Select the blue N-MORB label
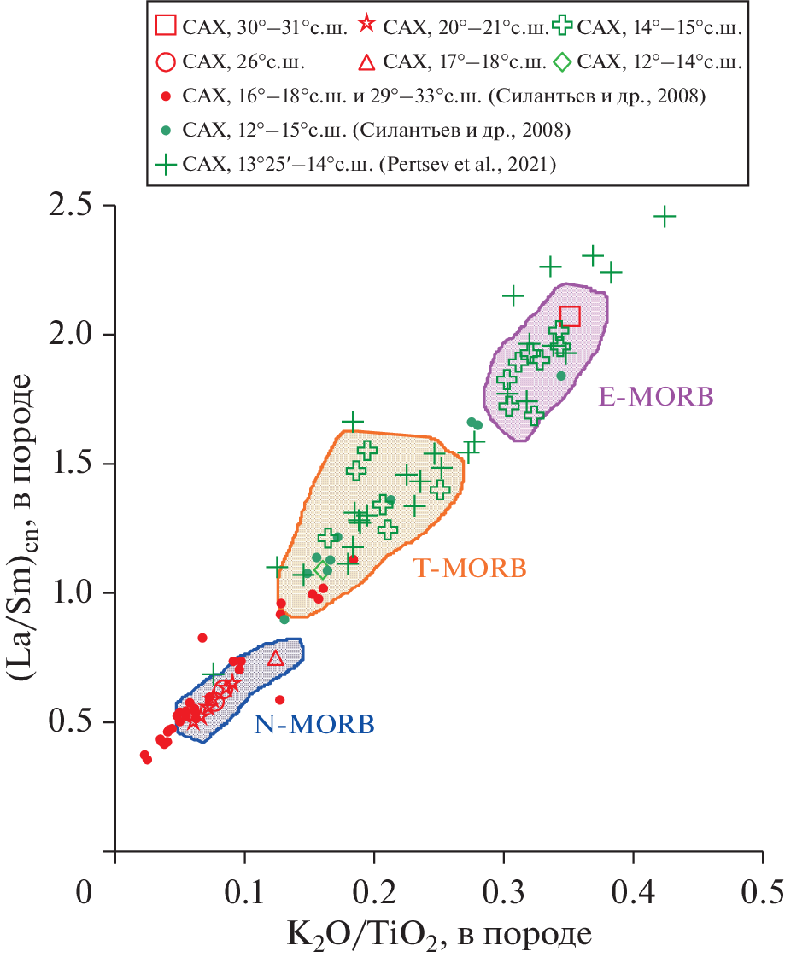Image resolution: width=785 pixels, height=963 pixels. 313,726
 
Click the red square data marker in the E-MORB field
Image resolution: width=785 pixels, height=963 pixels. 570,317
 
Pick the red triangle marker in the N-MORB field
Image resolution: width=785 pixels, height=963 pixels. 275,657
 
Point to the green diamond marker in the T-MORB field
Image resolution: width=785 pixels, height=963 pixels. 321,569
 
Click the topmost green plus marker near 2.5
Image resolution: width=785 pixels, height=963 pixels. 664,217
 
